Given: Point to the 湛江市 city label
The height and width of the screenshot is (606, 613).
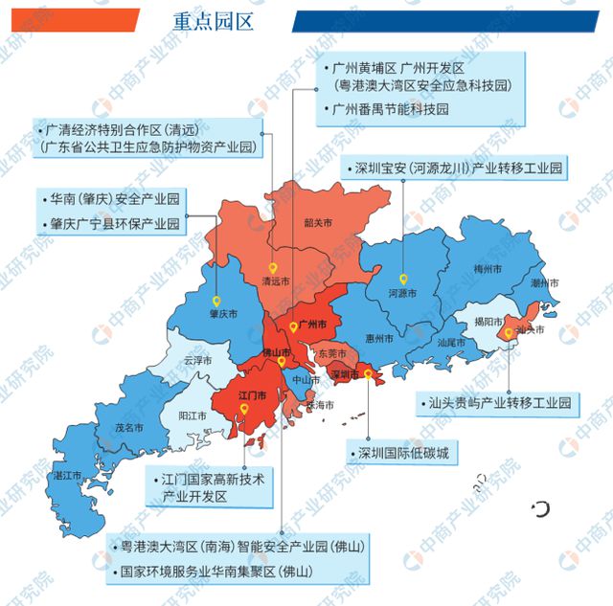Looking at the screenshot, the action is pyautogui.click(x=67, y=475).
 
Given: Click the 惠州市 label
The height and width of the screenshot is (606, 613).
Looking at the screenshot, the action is pyautogui.click(x=380, y=338).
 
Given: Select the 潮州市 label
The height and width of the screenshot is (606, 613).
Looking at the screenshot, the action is pyautogui.click(x=545, y=284).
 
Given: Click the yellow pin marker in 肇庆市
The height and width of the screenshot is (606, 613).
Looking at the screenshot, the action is pyautogui.click(x=216, y=299).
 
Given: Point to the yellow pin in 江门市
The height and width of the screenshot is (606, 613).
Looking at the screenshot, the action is pyautogui.click(x=245, y=409).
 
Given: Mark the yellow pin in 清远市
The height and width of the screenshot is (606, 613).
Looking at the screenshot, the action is pyautogui.click(x=273, y=268).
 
